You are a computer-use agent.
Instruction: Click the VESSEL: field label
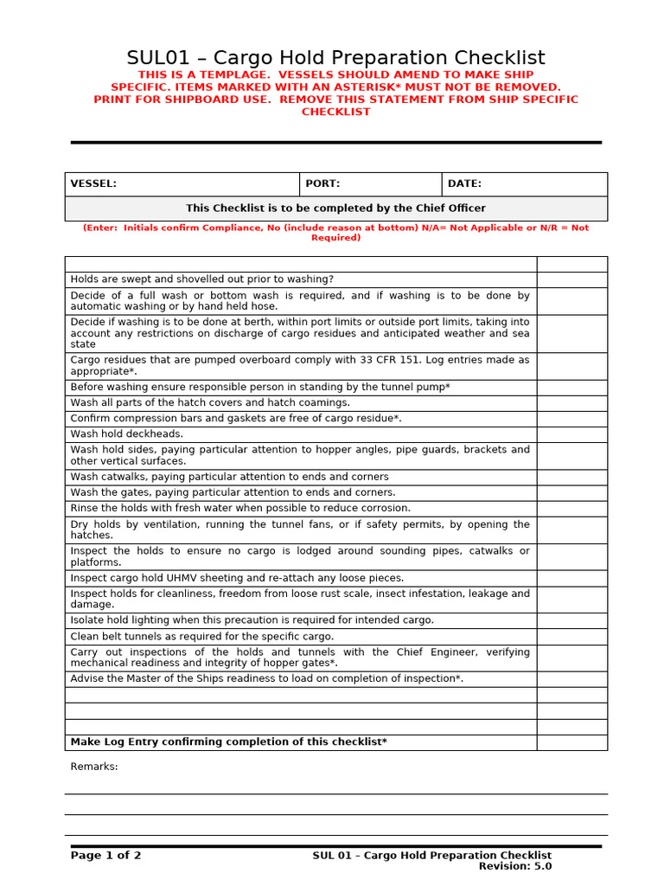pyautogui.click(x=93, y=183)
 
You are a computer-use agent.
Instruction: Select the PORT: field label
pyautogui.click(x=322, y=183)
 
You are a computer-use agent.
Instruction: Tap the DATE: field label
pyautogui.click(x=464, y=183)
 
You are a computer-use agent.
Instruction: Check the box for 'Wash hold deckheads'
pyautogui.click(x=571, y=434)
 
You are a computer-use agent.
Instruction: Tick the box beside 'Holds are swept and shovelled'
pyautogui.click(x=571, y=279)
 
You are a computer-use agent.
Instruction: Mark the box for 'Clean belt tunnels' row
pyautogui.click(x=571, y=636)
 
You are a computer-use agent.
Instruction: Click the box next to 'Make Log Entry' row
pyautogui.click(x=571, y=742)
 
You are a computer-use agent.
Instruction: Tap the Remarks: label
pyautogui.click(x=94, y=767)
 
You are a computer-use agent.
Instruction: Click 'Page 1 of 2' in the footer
pyautogui.click(x=105, y=856)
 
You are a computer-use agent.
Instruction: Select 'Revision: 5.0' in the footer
pyautogui.click(x=515, y=866)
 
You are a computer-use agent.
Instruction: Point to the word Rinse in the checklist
pyautogui.click(x=85, y=508)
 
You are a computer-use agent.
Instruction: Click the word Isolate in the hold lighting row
pyautogui.click(x=87, y=620)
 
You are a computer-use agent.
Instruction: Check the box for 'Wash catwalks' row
pyautogui.click(x=571, y=477)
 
